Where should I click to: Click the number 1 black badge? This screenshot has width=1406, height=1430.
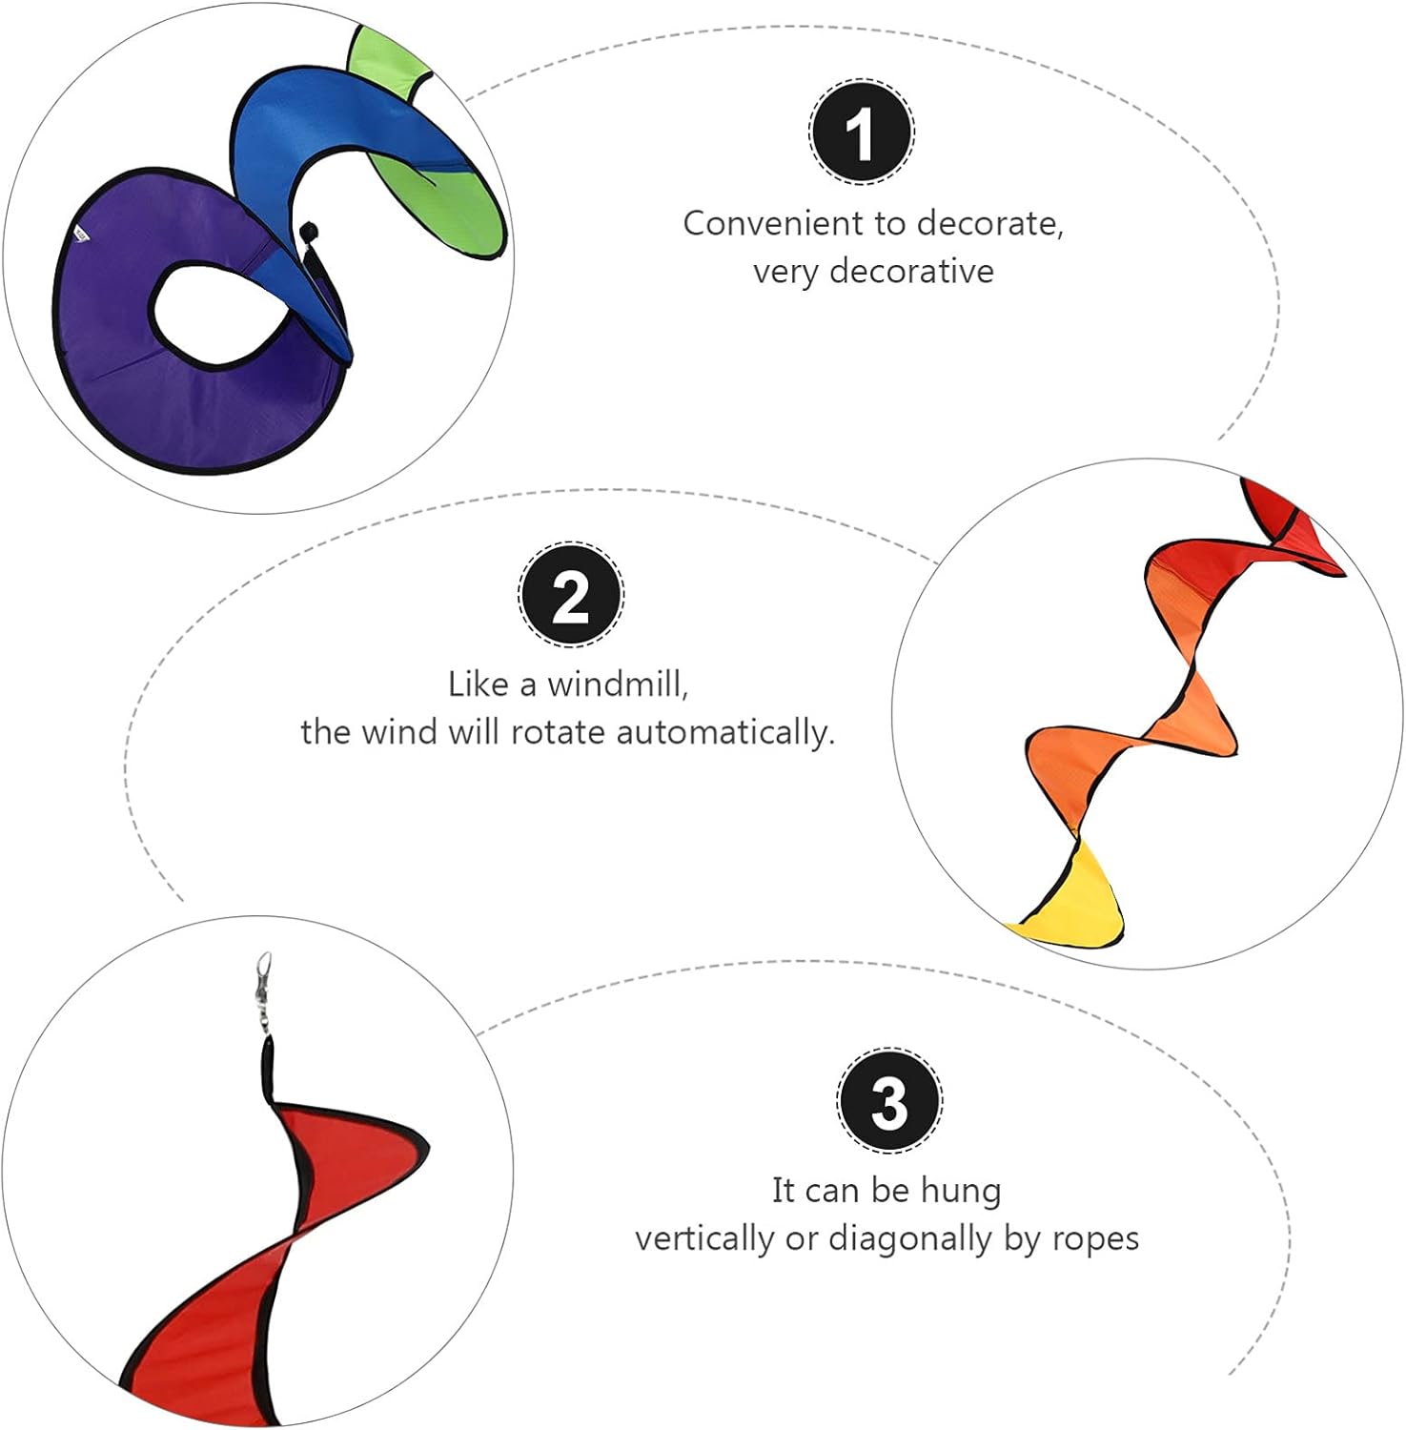[x=861, y=133]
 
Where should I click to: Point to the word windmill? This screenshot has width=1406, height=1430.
[x=618, y=684]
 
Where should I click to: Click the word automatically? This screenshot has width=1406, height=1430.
[x=724, y=732]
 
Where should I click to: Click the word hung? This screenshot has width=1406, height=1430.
[x=960, y=1190]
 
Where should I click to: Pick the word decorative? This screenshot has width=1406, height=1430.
[x=911, y=272]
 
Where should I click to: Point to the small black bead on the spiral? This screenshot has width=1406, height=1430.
[x=308, y=232]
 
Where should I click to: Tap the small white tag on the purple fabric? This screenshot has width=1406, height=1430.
[x=82, y=234]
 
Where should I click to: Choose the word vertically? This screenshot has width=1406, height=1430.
[x=704, y=1238]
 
